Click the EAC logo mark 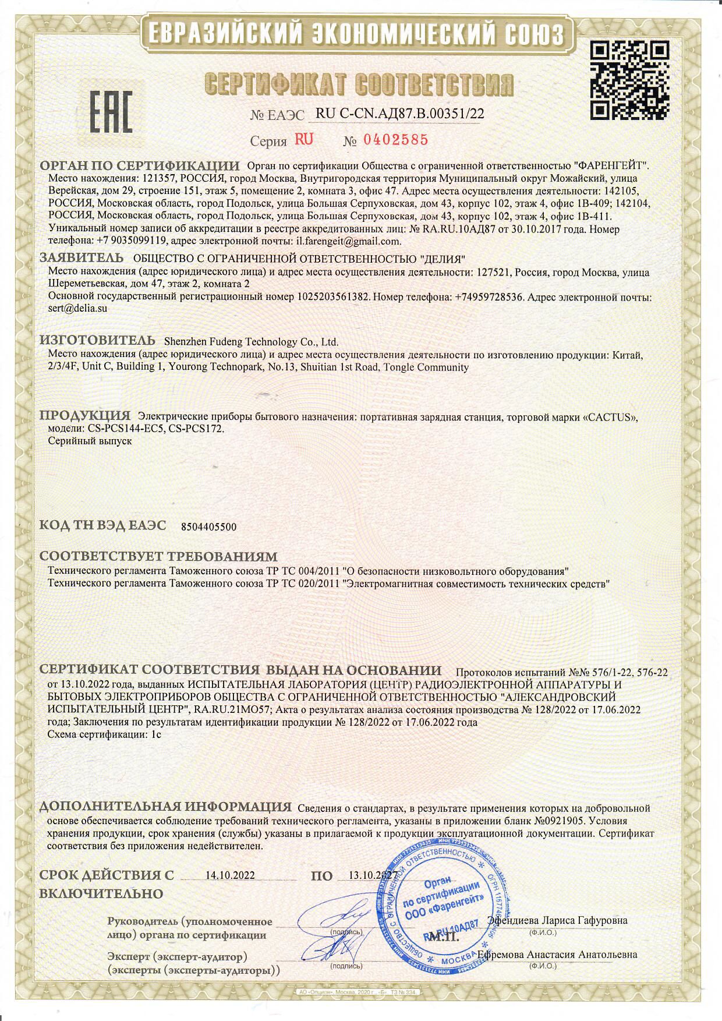(111, 111)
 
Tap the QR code (629, 79)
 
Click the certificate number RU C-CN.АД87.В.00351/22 (399, 114)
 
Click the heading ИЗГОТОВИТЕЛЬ (97, 341)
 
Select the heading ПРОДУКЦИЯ (85, 416)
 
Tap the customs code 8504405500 (209, 527)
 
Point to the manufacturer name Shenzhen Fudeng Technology (252, 342)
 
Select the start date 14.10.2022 (231, 875)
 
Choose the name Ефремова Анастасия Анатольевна (557, 955)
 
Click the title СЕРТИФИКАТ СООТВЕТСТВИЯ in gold (359, 86)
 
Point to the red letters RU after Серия (304, 139)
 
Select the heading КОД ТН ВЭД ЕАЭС (102, 525)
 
